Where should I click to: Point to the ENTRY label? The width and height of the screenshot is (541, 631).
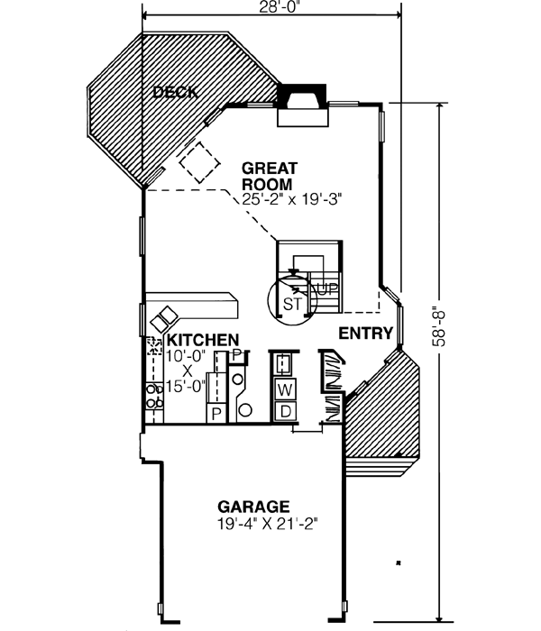tap(366, 334)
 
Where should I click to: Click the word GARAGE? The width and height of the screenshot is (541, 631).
tap(253, 507)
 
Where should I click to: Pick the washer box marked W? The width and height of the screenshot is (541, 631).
tap(284, 390)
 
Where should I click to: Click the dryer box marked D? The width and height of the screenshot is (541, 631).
tap(284, 412)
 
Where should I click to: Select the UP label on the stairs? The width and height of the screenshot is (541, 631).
tap(326, 289)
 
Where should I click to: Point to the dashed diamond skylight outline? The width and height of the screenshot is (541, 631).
tap(199, 162)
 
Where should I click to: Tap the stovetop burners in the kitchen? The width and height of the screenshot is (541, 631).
tap(152, 398)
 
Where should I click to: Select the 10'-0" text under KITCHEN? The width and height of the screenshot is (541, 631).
tap(187, 355)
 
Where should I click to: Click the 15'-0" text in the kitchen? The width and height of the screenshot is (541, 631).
tap(187, 385)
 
